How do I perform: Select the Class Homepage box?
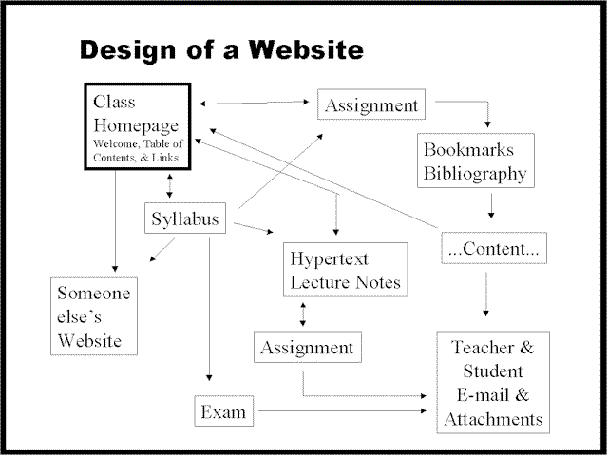[137, 126]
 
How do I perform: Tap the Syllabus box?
[186, 219]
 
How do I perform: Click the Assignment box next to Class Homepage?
[370, 104]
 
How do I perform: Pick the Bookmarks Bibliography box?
[475, 161]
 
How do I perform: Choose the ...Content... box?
[493, 250]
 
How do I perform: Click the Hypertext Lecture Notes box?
[346, 270]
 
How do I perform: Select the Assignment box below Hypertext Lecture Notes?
[309, 348]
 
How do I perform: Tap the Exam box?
[223, 411]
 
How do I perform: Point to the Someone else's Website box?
[93, 315]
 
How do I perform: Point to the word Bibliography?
[475, 174]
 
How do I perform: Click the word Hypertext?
[330, 257]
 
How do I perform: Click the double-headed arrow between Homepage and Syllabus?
[169, 186]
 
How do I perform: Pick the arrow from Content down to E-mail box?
[486, 293]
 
